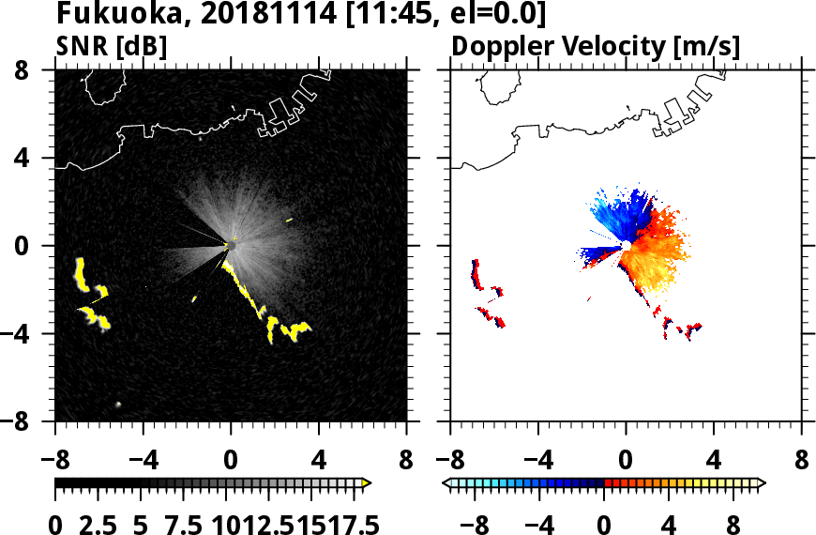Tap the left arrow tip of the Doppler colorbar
tap(446, 482)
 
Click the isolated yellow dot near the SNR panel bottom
tap(118, 405)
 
